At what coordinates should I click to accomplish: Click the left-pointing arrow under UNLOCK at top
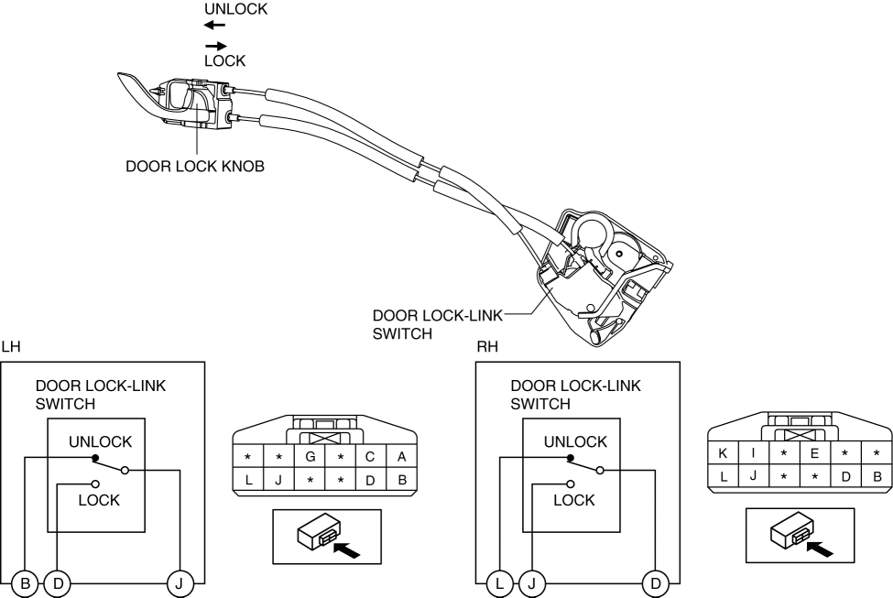tap(214, 26)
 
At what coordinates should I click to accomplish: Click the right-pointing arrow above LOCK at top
tap(214, 45)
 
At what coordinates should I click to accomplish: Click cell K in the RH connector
tap(724, 451)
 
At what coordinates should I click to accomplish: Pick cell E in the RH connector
tap(814, 451)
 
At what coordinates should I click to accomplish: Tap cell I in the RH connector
tap(754, 451)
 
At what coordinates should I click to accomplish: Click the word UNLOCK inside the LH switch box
tap(100, 441)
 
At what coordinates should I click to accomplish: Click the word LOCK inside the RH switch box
tap(573, 500)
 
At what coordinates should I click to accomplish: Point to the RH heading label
tap(486, 347)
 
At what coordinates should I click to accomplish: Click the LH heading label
tap(10, 347)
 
